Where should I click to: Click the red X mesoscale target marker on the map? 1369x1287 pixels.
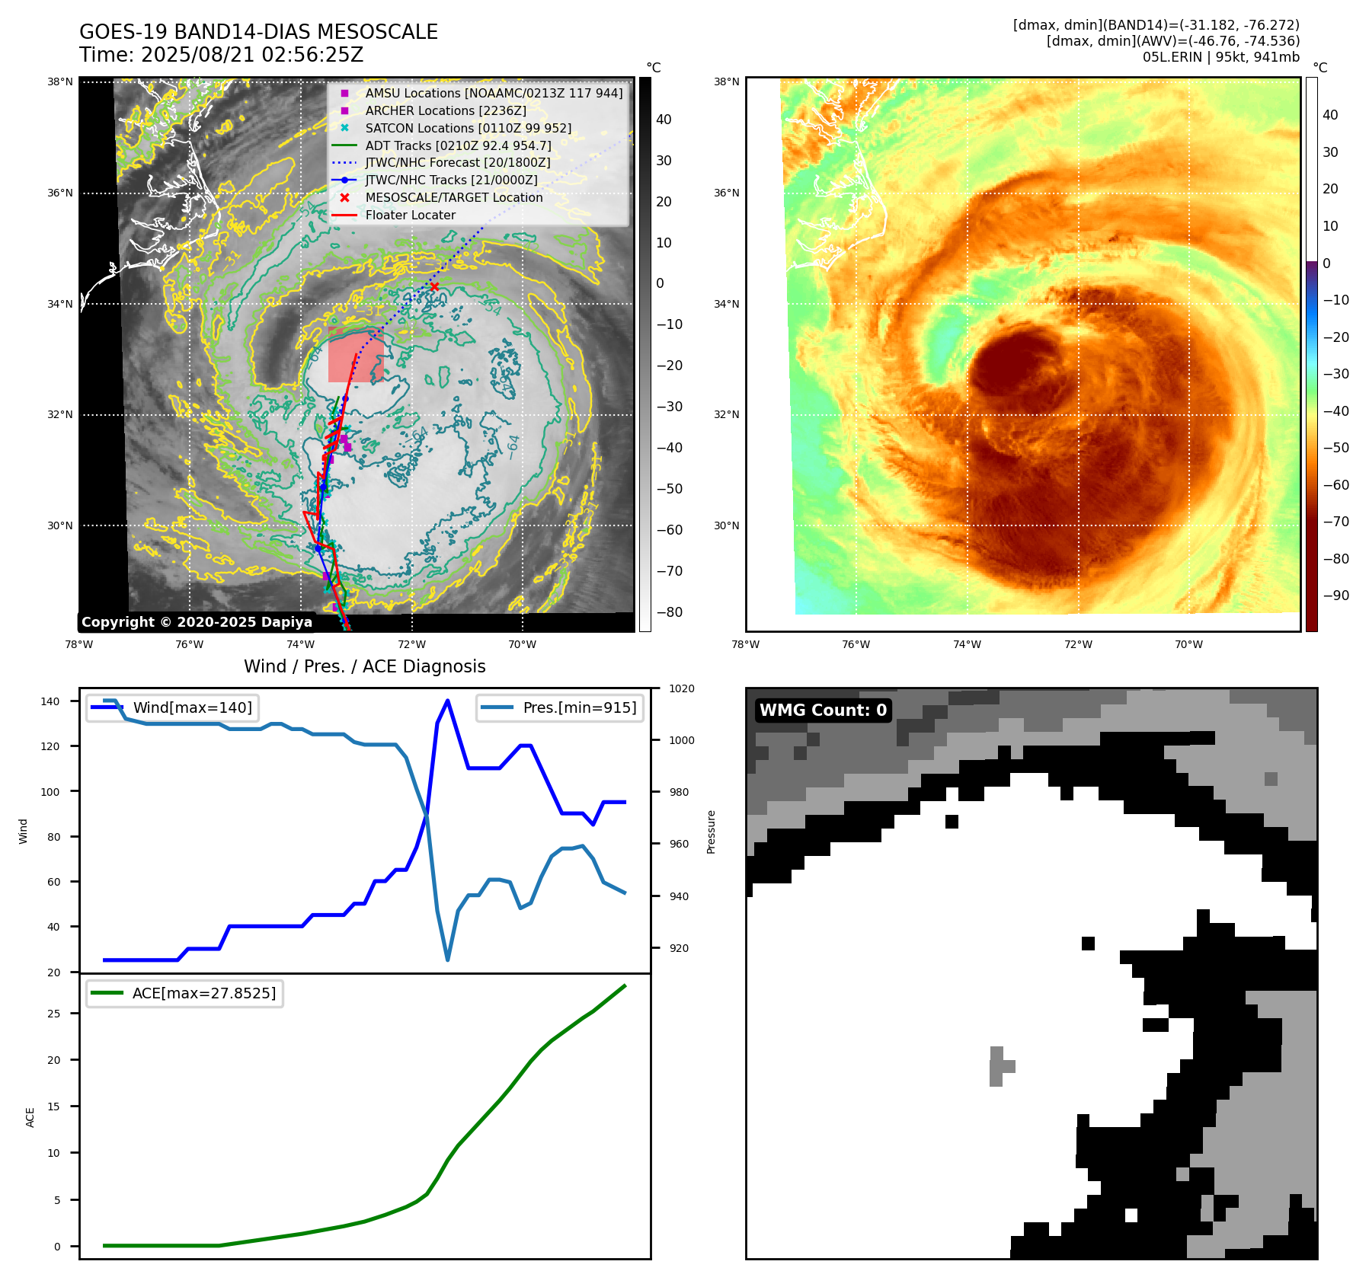434,286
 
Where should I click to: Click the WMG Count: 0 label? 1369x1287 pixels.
823,711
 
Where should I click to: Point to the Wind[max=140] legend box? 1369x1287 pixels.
172,707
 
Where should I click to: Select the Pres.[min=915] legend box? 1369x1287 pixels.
560,707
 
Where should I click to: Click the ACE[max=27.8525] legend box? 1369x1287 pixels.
184,993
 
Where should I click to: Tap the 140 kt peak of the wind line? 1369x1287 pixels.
447,701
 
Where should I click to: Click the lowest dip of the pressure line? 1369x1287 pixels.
447,960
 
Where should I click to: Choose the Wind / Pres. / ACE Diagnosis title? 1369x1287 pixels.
364,666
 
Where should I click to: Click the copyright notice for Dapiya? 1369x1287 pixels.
197,622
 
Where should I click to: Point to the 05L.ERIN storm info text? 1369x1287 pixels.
1220,57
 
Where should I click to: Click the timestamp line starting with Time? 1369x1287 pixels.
221,55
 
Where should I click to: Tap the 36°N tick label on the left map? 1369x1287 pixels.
60,193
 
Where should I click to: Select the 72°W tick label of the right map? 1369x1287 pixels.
1078,644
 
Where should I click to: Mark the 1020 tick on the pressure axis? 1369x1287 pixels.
682,688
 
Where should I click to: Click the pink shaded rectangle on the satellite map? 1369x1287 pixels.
355,356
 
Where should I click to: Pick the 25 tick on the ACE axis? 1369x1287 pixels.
53,1014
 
